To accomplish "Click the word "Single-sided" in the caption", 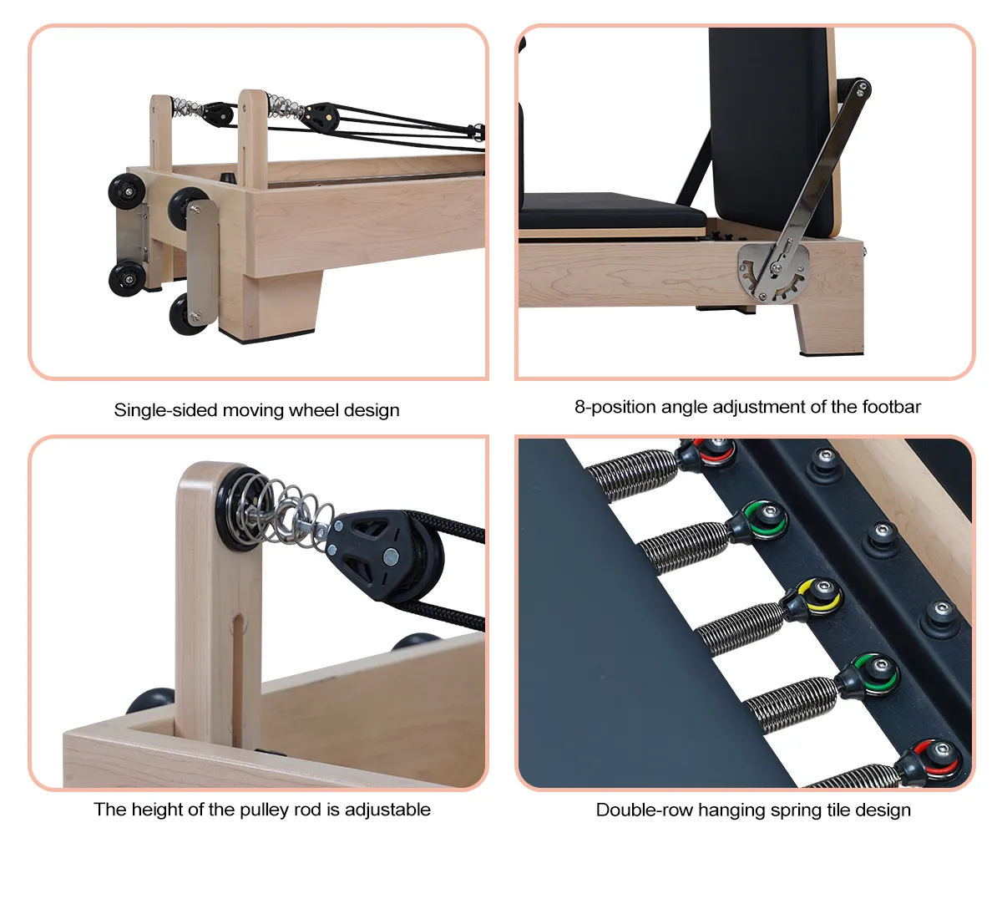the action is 164,410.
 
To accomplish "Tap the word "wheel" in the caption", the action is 313,410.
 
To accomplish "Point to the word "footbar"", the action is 891,407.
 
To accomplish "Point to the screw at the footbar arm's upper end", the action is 861,89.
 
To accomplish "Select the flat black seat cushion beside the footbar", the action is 612,211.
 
